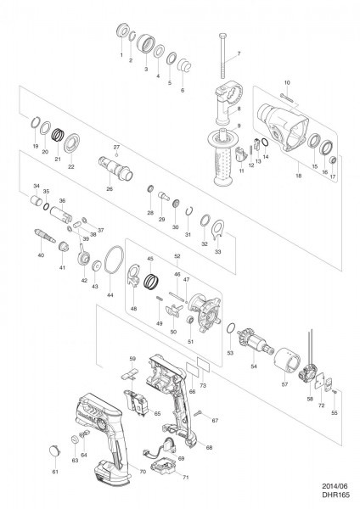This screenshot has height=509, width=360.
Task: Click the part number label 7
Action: pos(239,54)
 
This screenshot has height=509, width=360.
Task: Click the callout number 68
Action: pos(210,447)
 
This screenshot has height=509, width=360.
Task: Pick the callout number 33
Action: pos(219,252)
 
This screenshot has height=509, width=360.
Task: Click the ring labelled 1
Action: pos(121,34)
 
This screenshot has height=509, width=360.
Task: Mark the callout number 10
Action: pos(287,81)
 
